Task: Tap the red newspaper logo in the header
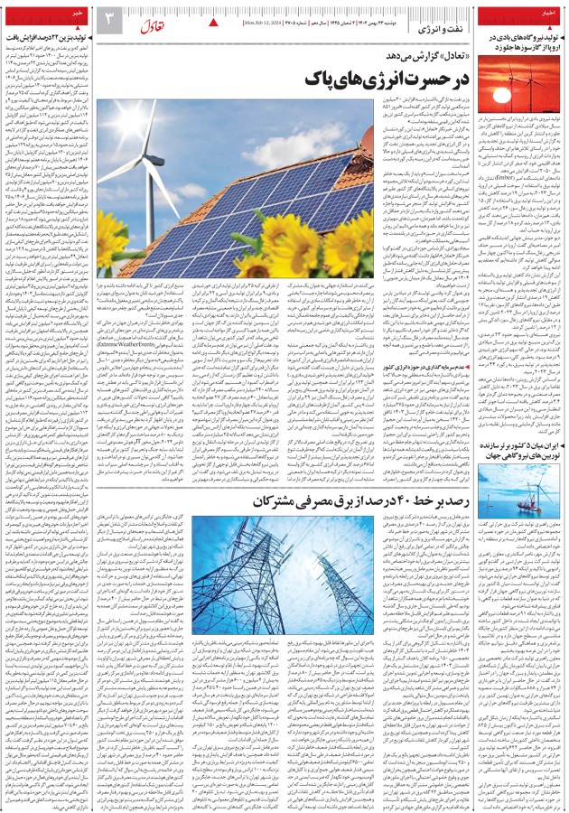click(x=152, y=26)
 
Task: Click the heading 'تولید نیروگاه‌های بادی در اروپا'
click(x=518, y=42)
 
